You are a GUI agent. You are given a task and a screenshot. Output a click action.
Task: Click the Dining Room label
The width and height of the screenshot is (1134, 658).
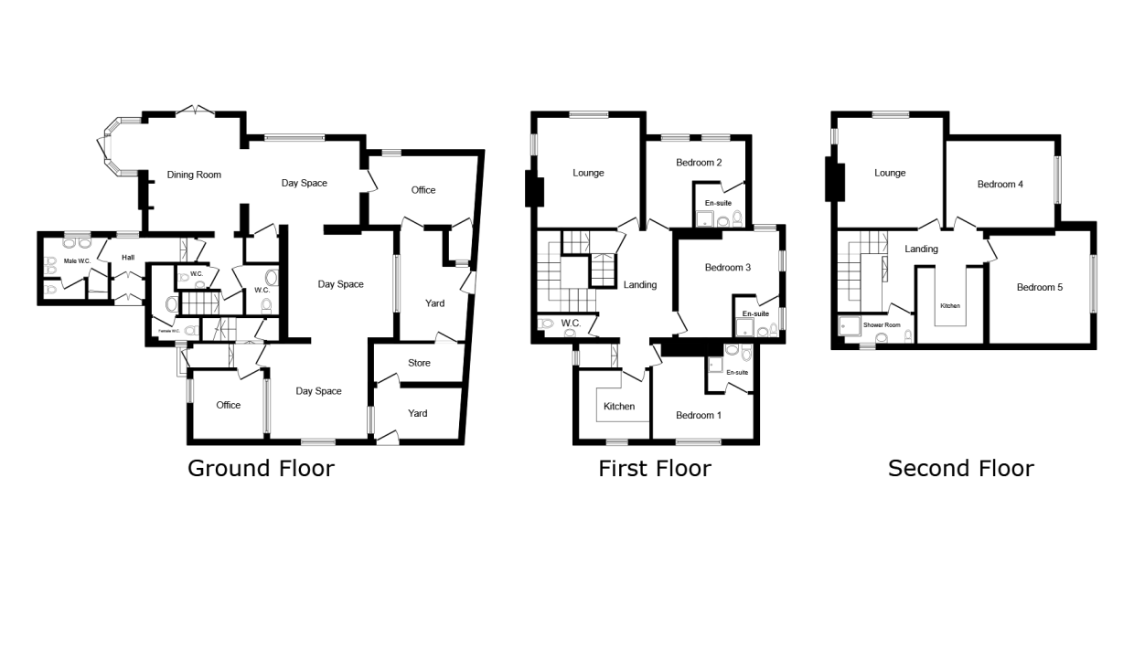[x=194, y=175]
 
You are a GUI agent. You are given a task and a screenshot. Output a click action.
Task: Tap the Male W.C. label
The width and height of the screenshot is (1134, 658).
[x=77, y=261]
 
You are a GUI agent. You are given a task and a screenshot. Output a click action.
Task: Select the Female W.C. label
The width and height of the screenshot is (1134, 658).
[x=169, y=331]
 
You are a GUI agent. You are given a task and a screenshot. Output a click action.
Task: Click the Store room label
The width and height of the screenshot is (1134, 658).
[x=419, y=363]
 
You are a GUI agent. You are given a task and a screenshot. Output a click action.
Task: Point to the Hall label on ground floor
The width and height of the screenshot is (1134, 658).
[x=128, y=258]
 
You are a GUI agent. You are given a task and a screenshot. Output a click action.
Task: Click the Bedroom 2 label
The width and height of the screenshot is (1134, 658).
[x=699, y=163]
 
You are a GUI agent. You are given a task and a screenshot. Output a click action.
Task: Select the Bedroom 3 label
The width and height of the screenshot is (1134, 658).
[x=727, y=267]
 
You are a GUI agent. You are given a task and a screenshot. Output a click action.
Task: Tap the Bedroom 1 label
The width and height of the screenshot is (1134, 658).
[x=699, y=415]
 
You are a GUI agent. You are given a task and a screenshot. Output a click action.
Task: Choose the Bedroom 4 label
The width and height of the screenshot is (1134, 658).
[x=1000, y=184]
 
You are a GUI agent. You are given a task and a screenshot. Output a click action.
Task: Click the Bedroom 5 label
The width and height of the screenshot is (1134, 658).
[x=1039, y=287]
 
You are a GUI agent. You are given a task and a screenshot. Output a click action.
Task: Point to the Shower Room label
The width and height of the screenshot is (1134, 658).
[x=882, y=325]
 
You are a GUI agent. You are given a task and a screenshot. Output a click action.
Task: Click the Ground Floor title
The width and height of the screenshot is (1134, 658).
[x=261, y=468]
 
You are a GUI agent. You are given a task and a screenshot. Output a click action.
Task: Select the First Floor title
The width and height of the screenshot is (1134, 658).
[x=655, y=468]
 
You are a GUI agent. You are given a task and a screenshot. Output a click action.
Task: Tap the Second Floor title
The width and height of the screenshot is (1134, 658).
[x=961, y=468]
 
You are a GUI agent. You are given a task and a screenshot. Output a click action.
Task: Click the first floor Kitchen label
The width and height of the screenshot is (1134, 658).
[x=618, y=406]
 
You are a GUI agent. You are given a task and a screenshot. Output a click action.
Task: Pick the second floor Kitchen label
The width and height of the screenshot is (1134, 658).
[x=949, y=305]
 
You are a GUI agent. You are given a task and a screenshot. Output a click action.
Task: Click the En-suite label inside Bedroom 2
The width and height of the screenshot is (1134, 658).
[x=718, y=203]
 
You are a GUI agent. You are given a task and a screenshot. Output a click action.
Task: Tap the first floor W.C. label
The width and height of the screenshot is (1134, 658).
[x=571, y=323]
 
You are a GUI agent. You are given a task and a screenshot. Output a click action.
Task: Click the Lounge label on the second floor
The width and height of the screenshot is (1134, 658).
[x=890, y=173]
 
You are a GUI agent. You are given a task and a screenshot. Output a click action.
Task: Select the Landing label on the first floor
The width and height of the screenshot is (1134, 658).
[x=640, y=285]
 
